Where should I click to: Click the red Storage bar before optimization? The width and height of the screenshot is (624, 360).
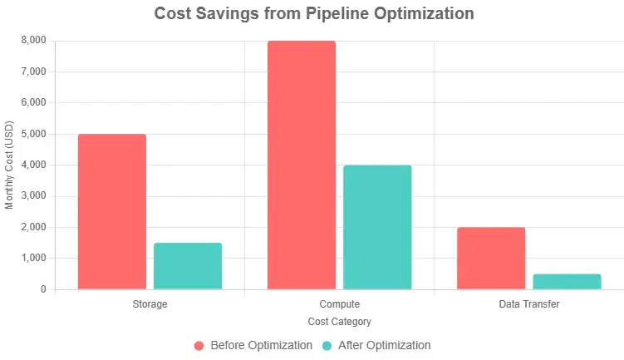112,212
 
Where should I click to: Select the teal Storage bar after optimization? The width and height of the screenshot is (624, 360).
188,266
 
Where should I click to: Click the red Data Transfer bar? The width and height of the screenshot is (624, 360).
491,259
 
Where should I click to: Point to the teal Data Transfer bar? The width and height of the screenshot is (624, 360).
567,282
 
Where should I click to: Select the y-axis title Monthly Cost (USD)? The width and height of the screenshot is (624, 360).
10,165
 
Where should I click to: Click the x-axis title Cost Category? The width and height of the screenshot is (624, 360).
339,321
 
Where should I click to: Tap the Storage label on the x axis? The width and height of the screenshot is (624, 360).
150,304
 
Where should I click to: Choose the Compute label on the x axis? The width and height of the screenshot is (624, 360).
339,304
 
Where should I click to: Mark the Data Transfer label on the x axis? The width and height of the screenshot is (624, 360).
528,304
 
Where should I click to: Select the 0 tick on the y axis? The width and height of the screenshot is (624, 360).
42,289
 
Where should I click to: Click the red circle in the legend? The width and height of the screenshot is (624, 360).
199,345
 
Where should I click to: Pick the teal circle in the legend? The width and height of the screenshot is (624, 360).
327,345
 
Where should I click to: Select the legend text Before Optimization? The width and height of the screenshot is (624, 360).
261,345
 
